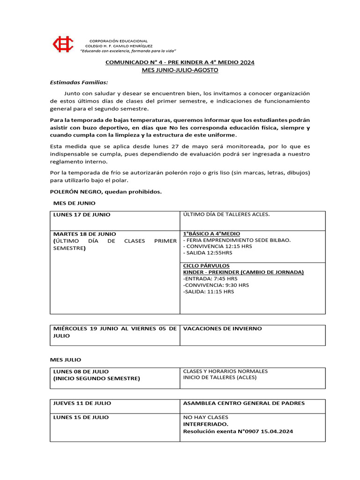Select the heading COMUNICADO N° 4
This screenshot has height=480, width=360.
(180, 62)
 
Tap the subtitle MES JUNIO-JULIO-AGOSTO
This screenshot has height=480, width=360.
(180, 70)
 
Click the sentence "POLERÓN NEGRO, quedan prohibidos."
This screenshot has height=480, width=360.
(106, 191)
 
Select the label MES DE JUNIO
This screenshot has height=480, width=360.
(74, 203)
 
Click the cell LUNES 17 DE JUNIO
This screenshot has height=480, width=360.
(82, 215)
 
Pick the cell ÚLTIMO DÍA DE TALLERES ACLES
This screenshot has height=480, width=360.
(226, 214)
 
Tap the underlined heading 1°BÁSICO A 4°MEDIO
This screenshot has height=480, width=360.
(211, 234)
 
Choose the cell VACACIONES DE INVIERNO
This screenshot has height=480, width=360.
(222, 329)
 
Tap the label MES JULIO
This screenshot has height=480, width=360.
(66, 360)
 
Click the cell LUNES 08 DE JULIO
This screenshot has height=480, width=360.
(81, 371)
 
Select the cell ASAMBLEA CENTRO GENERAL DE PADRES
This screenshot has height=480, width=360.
(244, 403)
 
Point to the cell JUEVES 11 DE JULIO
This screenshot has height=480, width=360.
(82, 403)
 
